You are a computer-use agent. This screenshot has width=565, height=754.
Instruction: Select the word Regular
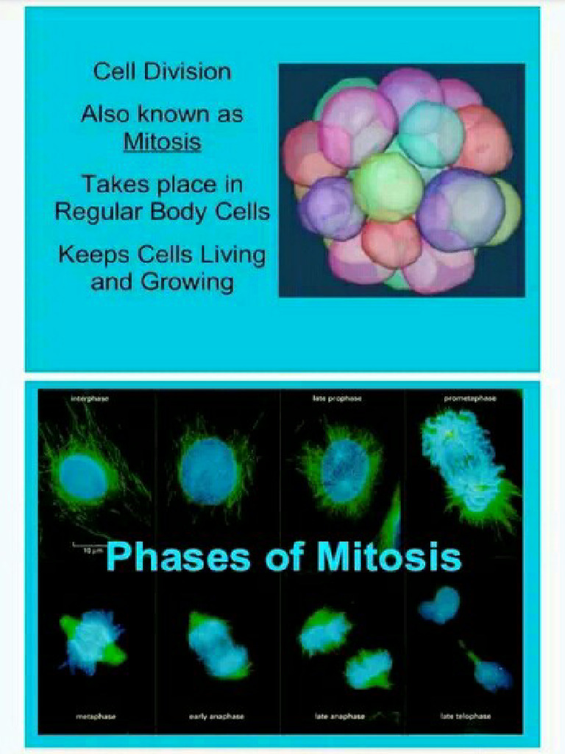click(x=99, y=211)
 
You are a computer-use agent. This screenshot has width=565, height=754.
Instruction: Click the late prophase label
click(x=336, y=398)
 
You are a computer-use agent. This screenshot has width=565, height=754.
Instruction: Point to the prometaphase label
click(x=470, y=398)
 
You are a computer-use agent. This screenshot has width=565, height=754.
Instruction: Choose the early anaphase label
click(x=216, y=716)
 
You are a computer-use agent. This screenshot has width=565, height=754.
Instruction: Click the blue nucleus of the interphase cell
click(x=83, y=476)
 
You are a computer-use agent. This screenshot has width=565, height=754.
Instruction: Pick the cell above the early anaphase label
click(x=218, y=644)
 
